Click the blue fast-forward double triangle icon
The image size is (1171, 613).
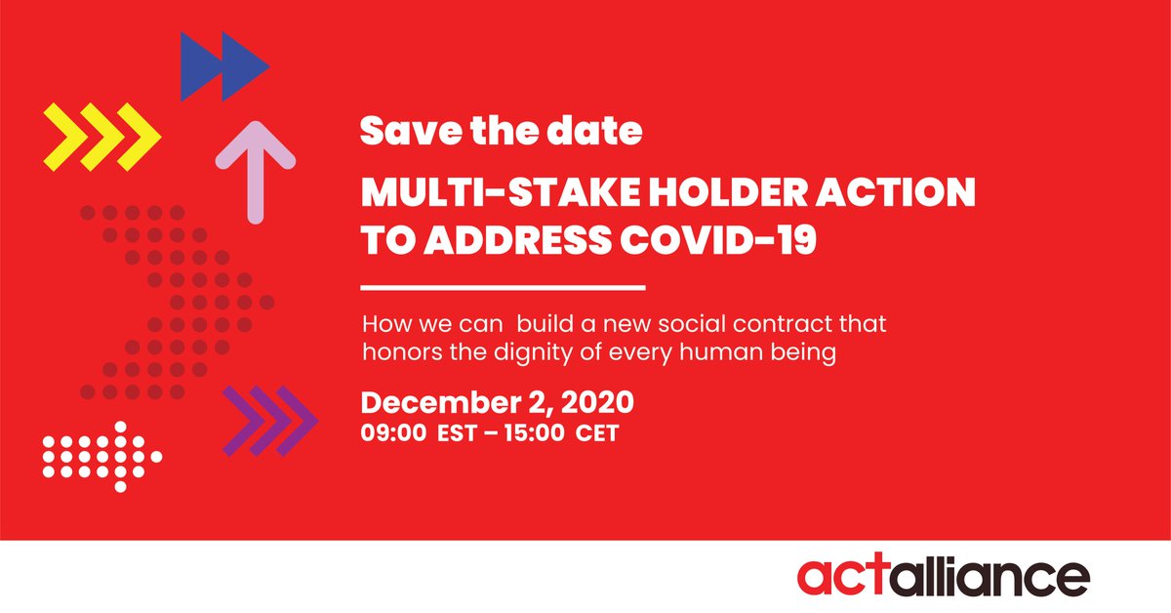point(224,66)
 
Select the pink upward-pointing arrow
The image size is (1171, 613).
point(255,170)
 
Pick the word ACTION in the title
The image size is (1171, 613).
point(909,193)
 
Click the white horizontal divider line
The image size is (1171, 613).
point(503,288)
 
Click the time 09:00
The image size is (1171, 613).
point(393,433)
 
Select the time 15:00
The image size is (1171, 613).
point(533,433)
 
